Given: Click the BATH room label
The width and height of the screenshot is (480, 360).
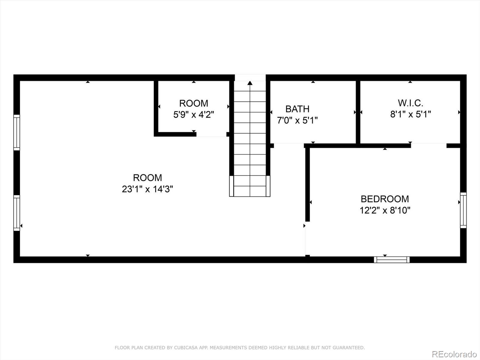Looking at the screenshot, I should pos(297,109).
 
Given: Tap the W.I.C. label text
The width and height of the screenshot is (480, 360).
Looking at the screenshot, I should pos(410,103).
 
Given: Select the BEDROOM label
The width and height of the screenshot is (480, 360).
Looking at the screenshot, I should pos(385,199).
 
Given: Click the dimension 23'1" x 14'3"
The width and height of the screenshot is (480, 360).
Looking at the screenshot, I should pos(147,189).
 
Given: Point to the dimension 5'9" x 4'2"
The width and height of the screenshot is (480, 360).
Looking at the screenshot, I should pos(193,115).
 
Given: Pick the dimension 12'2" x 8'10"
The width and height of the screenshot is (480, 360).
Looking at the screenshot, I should pos(385,210).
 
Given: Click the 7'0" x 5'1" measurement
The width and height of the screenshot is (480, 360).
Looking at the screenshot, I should pos(297,120).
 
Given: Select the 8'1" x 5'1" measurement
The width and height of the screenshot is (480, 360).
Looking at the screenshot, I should pos(410,114).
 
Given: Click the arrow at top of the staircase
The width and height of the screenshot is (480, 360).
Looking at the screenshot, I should pos(250,83).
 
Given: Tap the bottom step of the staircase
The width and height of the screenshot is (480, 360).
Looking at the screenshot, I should pos(250,191).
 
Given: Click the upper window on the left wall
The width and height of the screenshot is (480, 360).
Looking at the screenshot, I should pos(17,132).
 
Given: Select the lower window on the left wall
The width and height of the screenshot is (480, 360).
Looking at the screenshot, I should pos(17,213).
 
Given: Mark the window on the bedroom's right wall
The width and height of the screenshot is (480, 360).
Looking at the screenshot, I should pos(463,210).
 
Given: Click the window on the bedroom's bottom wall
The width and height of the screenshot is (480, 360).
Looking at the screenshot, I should pos(391,259).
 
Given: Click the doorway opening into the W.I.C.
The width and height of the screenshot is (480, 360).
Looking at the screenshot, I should pos(428,145).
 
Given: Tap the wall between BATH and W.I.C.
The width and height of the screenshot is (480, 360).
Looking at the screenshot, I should pos(358,112).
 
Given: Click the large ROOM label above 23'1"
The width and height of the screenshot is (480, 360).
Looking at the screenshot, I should pos(147,178).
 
